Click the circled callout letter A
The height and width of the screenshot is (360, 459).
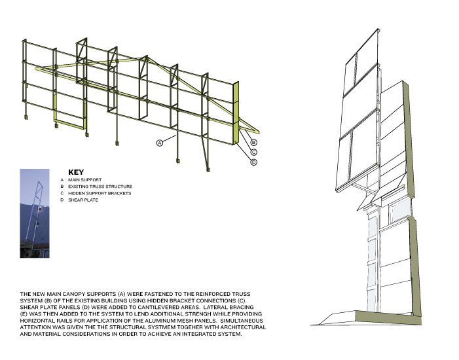pyautogui.click(x=160, y=143)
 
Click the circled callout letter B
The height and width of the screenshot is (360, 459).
pyautogui.click(x=254, y=143)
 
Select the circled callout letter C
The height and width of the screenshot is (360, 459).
pyautogui.click(x=254, y=153)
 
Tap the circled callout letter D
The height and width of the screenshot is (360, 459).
pyautogui.click(x=254, y=162)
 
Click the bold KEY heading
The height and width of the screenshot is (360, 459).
pyautogui.click(x=76, y=172)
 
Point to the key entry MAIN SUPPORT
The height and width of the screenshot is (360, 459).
pyautogui.click(x=85, y=180)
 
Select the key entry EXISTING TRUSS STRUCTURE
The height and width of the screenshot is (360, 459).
pyautogui.click(x=100, y=187)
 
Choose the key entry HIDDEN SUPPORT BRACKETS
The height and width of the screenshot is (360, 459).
pyautogui.click(x=100, y=193)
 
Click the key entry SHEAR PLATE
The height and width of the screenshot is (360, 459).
pyautogui.click(x=83, y=200)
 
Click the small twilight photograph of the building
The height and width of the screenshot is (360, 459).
pyautogui.click(x=35, y=213)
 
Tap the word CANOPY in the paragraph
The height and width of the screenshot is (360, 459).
pyautogui.click(x=73, y=294)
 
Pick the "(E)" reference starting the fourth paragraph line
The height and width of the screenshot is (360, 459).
pyautogui.click(x=24, y=314)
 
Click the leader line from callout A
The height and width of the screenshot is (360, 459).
pyautogui.click(x=169, y=139)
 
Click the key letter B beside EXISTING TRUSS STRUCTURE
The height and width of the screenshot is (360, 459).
pyautogui.click(x=62, y=187)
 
